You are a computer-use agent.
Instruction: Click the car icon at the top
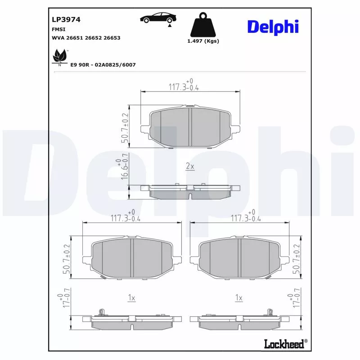coord(158,18)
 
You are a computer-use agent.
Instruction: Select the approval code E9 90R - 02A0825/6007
coord(103,65)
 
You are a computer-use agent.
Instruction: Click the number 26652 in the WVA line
coord(94,38)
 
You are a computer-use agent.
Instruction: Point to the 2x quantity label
coord(190,166)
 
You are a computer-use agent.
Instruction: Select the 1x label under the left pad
coord(132,298)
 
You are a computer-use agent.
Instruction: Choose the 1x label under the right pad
coord(239,298)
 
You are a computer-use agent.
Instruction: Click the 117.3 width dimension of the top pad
coord(184,86)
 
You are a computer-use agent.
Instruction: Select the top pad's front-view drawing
coord(190,128)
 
